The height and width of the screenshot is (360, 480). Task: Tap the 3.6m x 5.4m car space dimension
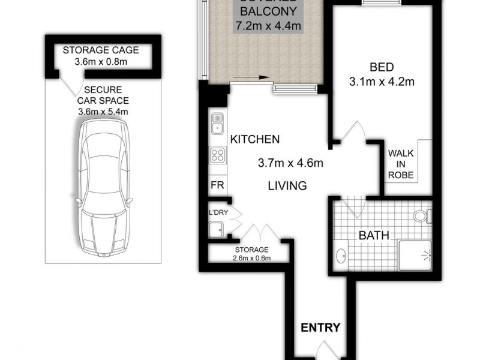pos(103,111)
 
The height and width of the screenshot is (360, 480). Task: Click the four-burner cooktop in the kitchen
pos(217,156)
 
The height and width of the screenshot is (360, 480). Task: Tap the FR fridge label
pos(217,185)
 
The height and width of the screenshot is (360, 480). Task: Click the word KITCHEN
pos(255,140)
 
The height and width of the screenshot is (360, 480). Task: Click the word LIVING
pos(287,186)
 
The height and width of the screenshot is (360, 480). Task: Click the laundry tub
pos(215,228)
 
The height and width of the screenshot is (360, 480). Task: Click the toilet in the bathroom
pos(423,215)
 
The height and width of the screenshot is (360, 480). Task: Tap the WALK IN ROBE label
pos(401,164)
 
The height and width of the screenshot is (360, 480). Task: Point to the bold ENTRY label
pos(320,328)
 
